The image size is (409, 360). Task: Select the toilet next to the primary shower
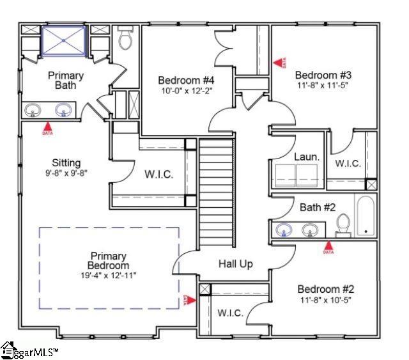[x=125, y=40]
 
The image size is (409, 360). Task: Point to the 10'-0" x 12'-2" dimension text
[x=186, y=91]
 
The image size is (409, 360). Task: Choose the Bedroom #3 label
[x=323, y=74]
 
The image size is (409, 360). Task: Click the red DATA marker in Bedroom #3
[x=279, y=63]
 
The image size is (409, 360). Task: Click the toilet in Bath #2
[x=343, y=225]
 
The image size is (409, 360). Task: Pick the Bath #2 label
[x=318, y=207]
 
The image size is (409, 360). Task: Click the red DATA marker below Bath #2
[x=328, y=247]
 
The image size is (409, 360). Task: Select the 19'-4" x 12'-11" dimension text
[x=109, y=275]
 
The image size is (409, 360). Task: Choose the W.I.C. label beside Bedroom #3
[x=348, y=163]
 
